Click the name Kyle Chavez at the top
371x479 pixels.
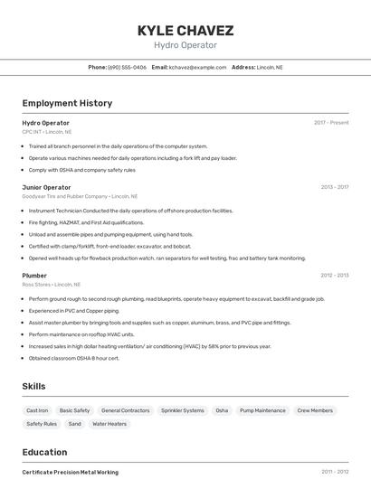coord(185,30)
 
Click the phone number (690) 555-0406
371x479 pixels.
coord(127,67)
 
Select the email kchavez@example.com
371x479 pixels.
coord(196,67)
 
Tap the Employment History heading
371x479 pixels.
coord(67,103)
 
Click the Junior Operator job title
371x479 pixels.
coord(46,187)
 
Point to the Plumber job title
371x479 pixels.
coord(34,275)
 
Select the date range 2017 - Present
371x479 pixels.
coord(331,123)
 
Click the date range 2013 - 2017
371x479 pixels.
coord(334,187)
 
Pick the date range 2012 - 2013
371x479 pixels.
coord(334,275)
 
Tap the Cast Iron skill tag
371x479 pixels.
coord(38,410)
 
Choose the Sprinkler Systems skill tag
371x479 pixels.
coord(182,410)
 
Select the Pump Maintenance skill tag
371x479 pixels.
coord(263,410)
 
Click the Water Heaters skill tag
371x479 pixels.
coord(109,423)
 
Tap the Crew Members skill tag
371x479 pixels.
coord(315,410)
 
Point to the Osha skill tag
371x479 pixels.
coord(222,410)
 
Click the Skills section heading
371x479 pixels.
coord(33,386)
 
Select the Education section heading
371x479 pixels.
coord(44,452)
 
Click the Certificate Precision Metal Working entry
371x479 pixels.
coord(70,472)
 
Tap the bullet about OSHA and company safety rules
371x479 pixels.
coord(81,170)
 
